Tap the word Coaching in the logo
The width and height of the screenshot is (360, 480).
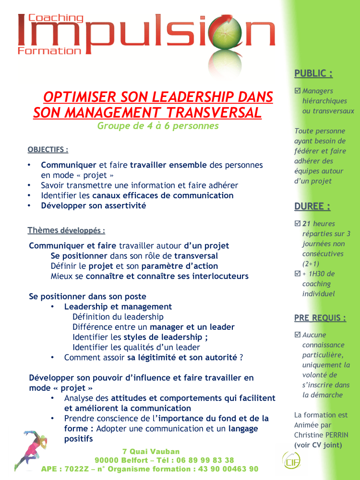[x=56, y=19]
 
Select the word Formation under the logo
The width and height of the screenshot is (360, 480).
[x=49, y=50]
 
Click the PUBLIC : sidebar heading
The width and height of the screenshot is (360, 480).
[x=313, y=73]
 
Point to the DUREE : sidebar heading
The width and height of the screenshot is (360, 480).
[x=312, y=206]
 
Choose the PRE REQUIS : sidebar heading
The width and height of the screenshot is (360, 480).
[x=320, y=318]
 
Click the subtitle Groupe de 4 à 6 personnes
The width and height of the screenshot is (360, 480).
[x=158, y=126]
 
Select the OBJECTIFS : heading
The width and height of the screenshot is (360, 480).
[x=48, y=150]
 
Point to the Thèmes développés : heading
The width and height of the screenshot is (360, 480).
[x=66, y=230]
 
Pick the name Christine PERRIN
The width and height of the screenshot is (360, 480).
[x=321, y=435]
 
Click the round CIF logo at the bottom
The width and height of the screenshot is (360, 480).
[x=291, y=462]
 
